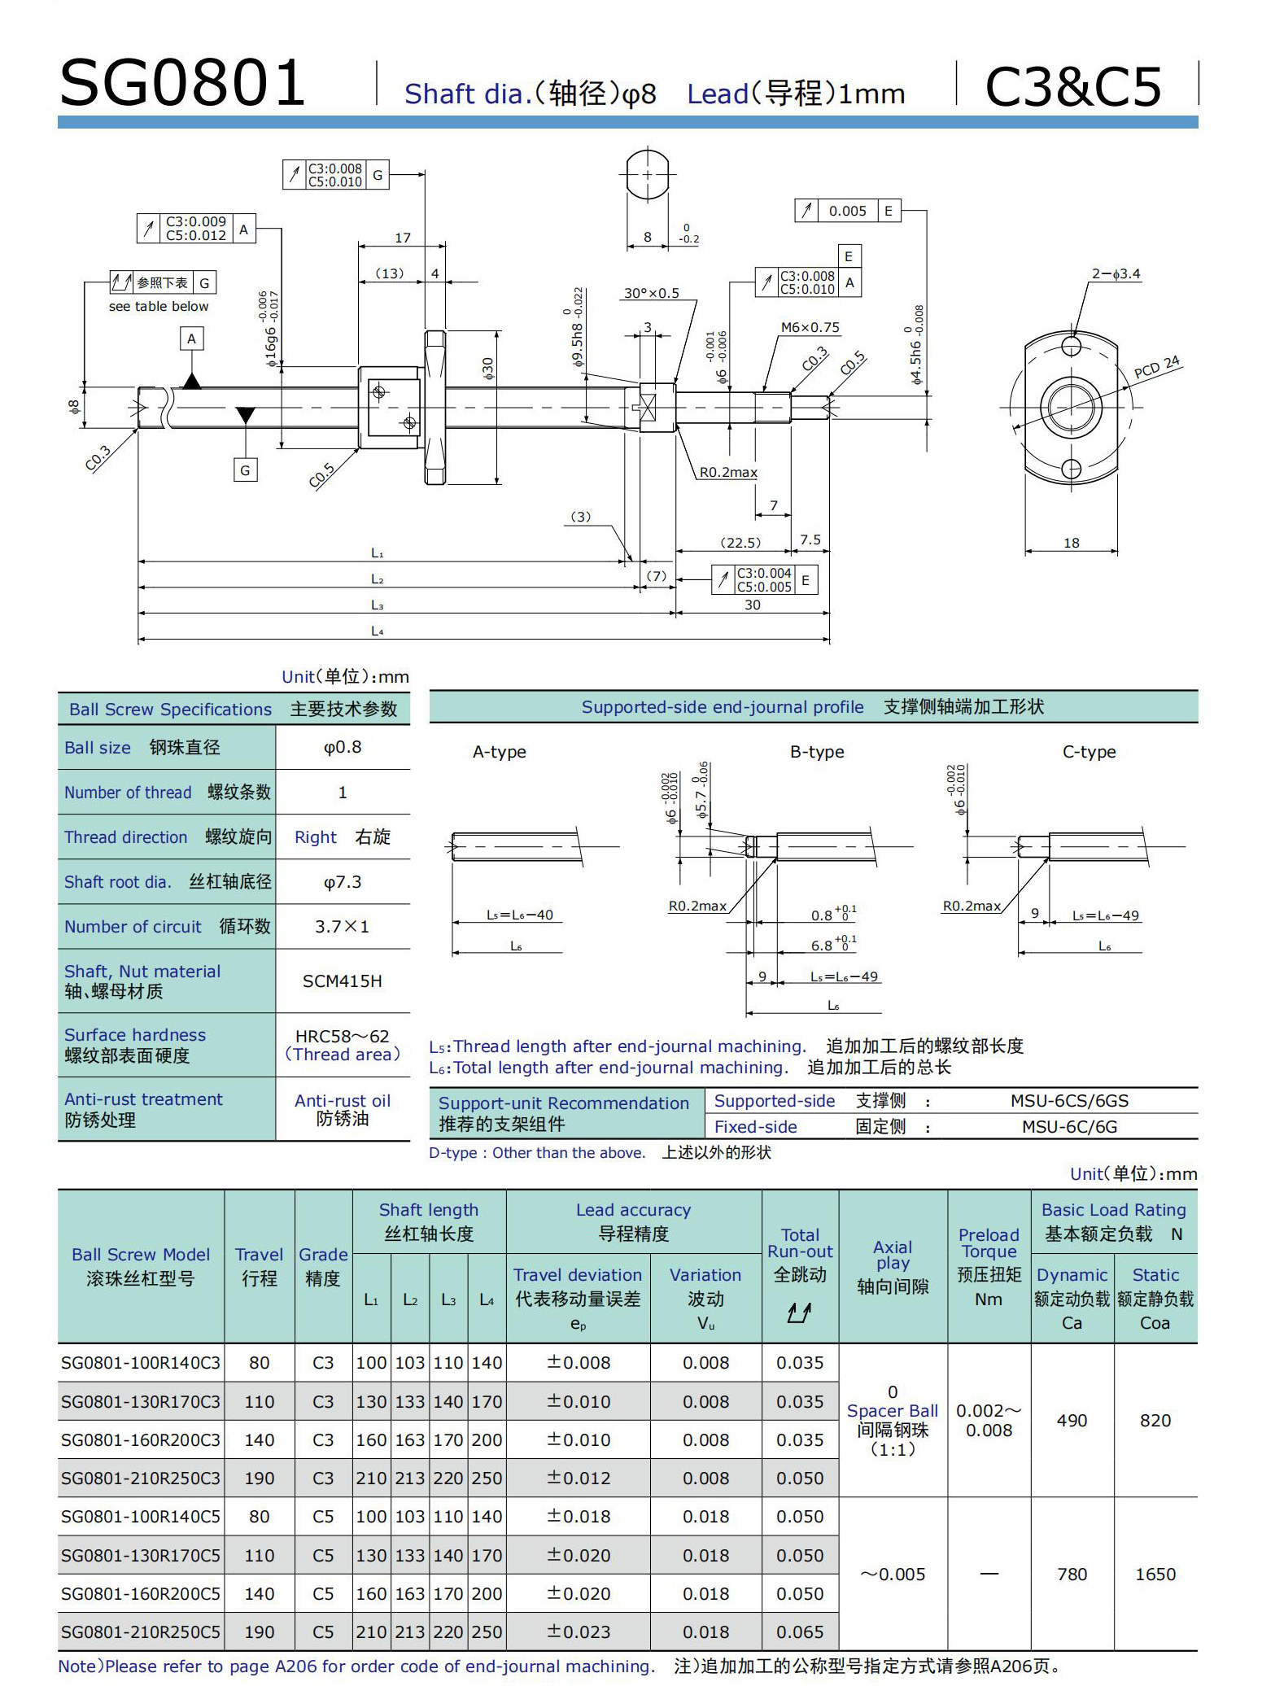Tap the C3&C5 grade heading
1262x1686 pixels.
tap(1073, 86)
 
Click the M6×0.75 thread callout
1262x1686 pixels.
tap(810, 327)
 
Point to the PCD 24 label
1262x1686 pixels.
tap(1156, 367)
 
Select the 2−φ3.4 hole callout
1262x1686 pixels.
tap(1116, 274)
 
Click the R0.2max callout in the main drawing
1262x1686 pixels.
tap(728, 472)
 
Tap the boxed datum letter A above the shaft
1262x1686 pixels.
tap(191, 339)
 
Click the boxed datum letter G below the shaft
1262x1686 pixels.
tap(245, 470)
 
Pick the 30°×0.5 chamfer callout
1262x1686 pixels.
tap(651, 293)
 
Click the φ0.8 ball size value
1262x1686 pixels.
tap(343, 747)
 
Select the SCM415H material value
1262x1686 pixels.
tap(343, 981)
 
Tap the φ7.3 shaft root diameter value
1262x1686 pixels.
tap(343, 882)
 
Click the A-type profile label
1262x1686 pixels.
tap(499, 752)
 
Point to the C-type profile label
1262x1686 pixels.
tap(1089, 752)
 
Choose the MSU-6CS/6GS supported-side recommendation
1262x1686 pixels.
tap(1069, 1101)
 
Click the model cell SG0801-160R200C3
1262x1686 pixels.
tap(141, 1439)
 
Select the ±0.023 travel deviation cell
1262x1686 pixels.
tap(578, 1631)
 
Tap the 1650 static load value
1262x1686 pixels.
tap(1155, 1574)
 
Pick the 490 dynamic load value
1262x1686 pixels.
tap(1072, 1420)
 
